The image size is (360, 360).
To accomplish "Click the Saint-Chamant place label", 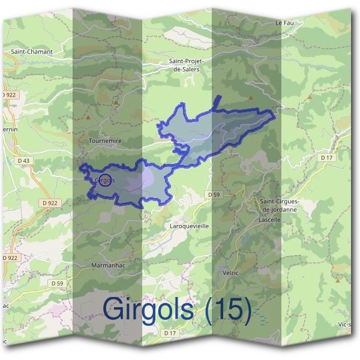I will pyautogui.click(x=32, y=52).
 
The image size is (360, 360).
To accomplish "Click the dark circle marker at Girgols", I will pyautogui.click(x=105, y=179).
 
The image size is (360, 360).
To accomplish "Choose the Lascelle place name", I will pyautogui.click(x=270, y=220).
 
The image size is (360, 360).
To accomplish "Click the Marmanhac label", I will pyautogui.click(x=108, y=265).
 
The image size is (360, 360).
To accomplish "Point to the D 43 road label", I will pyautogui.click(x=23, y=161).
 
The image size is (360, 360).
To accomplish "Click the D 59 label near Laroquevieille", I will pyautogui.click(x=215, y=195).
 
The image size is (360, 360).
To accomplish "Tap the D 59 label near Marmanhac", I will pyautogui.click(x=57, y=283).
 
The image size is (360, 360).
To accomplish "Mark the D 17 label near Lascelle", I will pyautogui.click(x=326, y=157).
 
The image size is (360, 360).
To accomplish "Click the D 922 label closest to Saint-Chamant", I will pyautogui.click(x=8, y=95).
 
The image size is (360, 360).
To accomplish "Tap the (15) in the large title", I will pyautogui.click(x=228, y=309).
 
